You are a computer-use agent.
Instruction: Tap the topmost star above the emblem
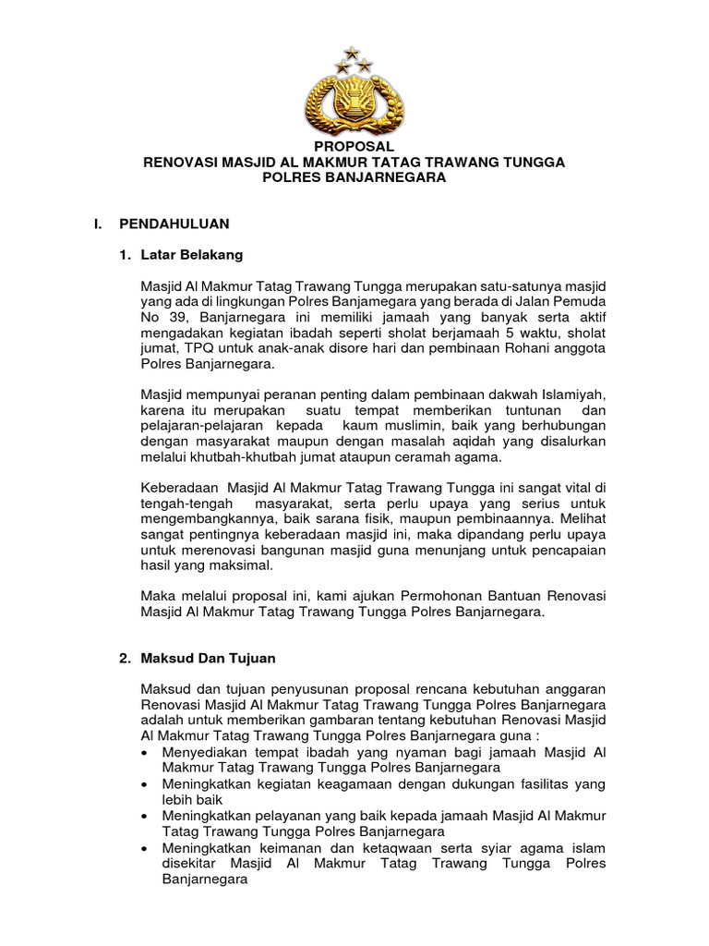[x=351, y=53]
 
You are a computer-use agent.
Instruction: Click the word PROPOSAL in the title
[x=354, y=147]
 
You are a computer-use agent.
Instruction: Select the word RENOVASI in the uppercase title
[x=183, y=162]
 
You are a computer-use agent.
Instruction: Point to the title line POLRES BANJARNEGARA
[x=354, y=176]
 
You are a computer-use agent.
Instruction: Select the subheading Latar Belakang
[x=192, y=254]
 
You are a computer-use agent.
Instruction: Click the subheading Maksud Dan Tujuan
[x=208, y=659]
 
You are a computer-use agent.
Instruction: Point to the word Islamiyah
[x=573, y=394]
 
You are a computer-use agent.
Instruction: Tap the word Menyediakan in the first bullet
[x=205, y=751]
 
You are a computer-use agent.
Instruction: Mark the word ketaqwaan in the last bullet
[x=401, y=847]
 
